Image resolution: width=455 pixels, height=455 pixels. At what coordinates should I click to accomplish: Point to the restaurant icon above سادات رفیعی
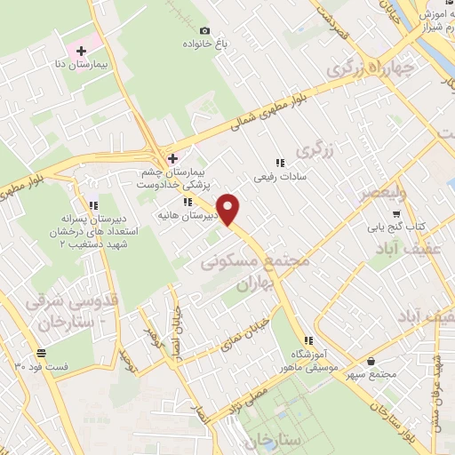279,163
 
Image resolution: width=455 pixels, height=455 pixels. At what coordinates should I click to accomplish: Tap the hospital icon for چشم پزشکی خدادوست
172,158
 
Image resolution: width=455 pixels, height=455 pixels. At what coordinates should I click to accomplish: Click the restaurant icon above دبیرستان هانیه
188,202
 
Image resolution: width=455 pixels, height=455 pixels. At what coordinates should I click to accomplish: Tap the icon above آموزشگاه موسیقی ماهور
308,340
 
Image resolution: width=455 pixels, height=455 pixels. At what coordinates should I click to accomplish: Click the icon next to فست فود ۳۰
39,354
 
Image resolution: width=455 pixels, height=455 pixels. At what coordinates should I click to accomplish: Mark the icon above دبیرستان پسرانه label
93,204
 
